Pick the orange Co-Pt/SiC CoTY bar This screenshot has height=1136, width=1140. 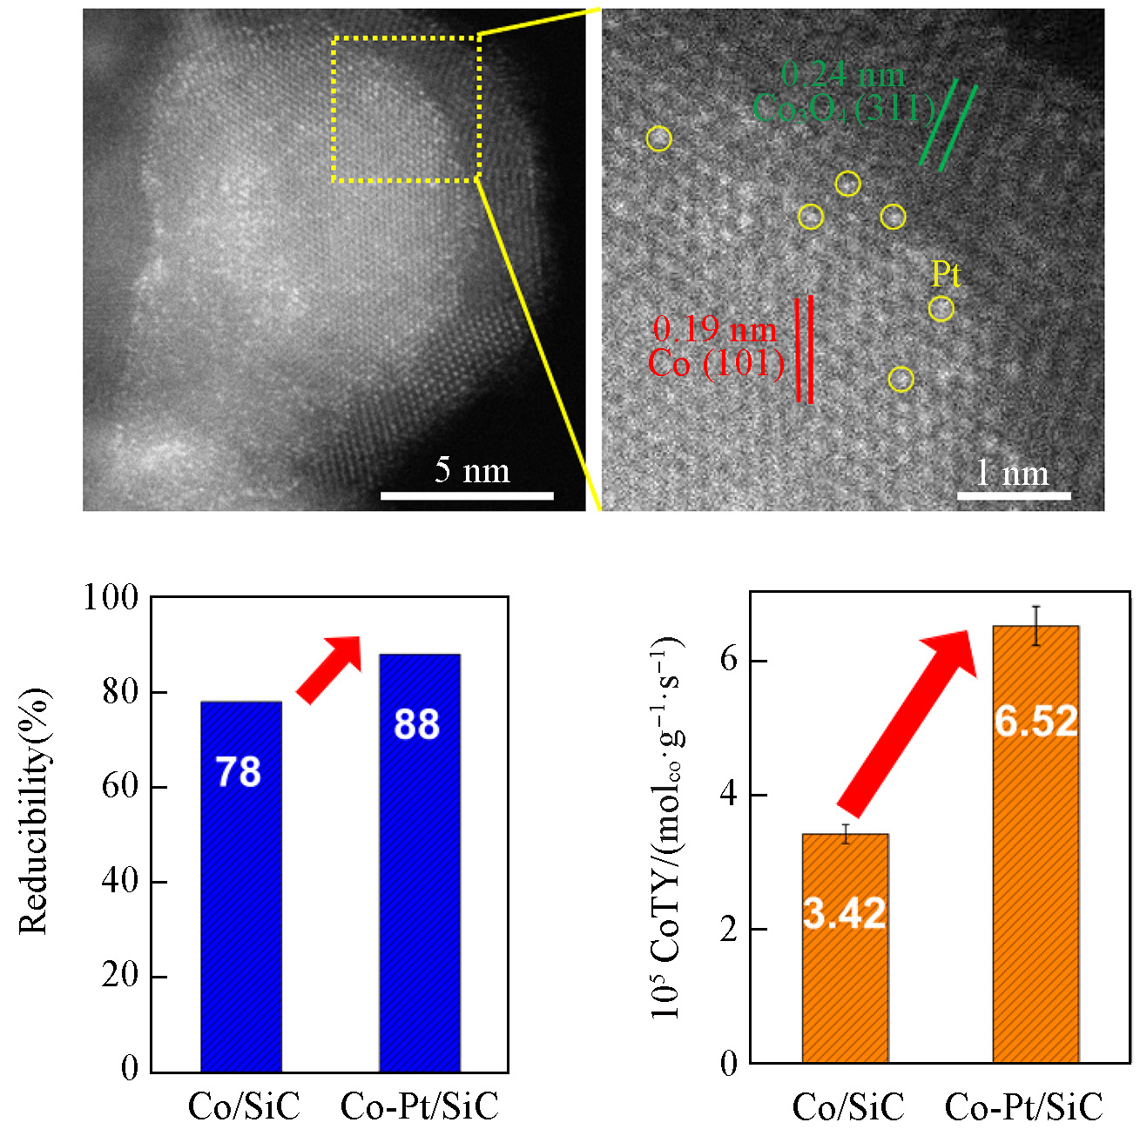pyautogui.click(x=1035, y=870)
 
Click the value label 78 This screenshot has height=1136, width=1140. pyautogui.click(x=238, y=772)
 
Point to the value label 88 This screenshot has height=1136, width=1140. pyautogui.click(x=416, y=724)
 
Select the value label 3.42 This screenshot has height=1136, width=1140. pyautogui.click(x=844, y=913)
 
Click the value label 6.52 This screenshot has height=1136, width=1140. pyautogui.click(x=1035, y=721)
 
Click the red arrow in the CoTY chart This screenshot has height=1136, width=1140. pyautogui.click(x=906, y=722)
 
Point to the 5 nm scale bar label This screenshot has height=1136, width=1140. pyautogui.click(x=472, y=471)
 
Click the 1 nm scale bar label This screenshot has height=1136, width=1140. pyautogui.click(x=1012, y=474)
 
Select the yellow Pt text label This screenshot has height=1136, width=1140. pyautogui.click(x=946, y=275)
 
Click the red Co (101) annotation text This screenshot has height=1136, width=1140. pyautogui.click(x=716, y=363)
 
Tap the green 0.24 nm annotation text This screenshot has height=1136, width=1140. pyautogui.click(x=842, y=76)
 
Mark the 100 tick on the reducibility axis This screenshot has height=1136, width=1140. pyautogui.click(x=111, y=598)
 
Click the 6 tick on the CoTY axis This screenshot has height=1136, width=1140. pyautogui.click(x=728, y=660)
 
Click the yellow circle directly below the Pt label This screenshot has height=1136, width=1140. pyautogui.click(x=941, y=308)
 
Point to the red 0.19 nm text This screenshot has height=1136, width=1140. pyautogui.click(x=714, y=329)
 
